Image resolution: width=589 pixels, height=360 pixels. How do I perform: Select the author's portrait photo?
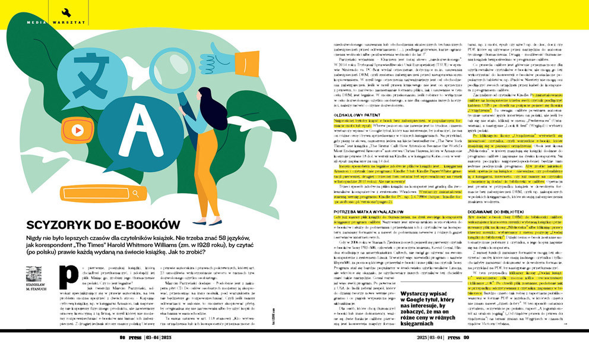34,274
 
